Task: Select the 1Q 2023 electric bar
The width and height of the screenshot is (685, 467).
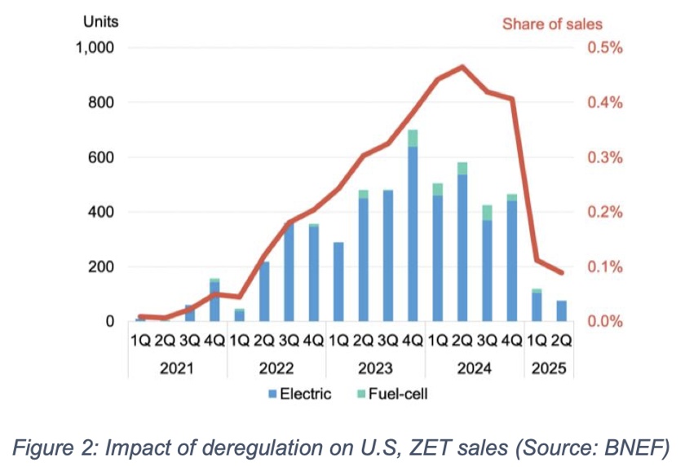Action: click(x=338, y=281)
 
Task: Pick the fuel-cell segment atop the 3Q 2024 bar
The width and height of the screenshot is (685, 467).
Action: click(x=487, y=213)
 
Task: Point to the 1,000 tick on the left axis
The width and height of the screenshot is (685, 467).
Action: click(x=95, y=48)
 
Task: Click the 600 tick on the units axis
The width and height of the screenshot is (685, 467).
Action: click(x=100, y=157)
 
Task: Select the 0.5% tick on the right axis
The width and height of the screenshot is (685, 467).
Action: click(x=604, y=48)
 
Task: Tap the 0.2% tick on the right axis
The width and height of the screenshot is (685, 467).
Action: click(x=604, y=212)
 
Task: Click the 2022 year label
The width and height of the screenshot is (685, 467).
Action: click(x=276, y=368)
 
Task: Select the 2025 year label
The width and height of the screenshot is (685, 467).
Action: click(x=549, y=368)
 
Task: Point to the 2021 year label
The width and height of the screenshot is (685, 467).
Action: click(x=177, y=368)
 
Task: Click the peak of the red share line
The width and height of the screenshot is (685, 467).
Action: click(x=462, y=67)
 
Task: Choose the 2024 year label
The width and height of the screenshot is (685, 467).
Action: click(x=475, y=368)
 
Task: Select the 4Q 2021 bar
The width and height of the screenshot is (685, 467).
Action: click(x=214, y=300)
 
